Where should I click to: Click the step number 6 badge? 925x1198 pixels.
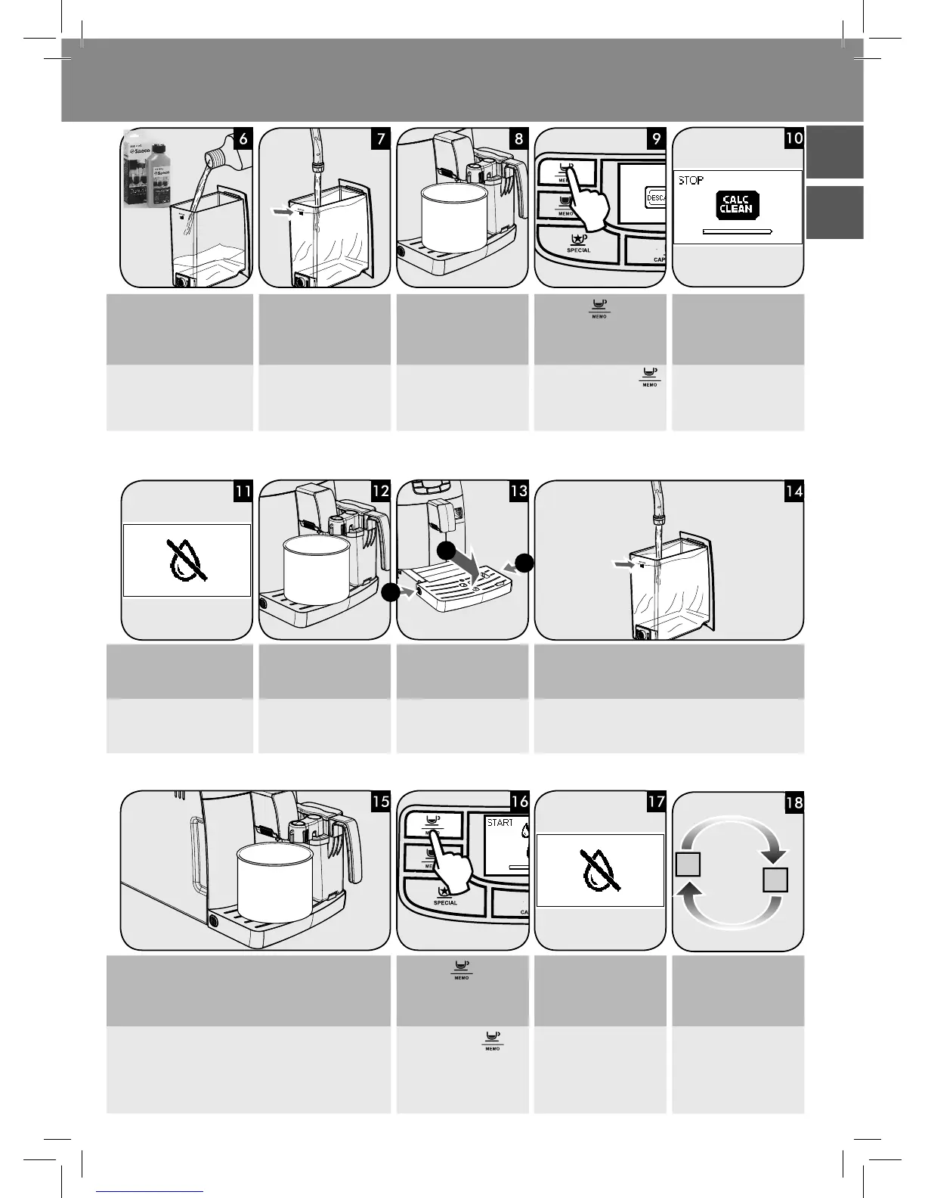click(x=241, y=139)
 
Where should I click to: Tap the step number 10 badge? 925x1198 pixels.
click(x=793, y=139)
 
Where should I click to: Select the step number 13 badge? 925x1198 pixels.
click(x=518, y=491)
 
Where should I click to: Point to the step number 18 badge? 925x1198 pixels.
click(x=794, y=802)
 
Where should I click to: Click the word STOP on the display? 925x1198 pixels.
click(x=691, y=181)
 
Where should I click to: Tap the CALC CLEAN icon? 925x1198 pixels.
click(x=736, y=205)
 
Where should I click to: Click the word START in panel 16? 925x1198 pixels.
click(x=500, y=822)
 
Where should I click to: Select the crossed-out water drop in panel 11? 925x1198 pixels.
click(x=186, y=560)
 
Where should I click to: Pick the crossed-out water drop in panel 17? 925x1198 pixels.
click(x=599, y=870)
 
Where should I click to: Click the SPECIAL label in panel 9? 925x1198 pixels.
click(x=578, y=250)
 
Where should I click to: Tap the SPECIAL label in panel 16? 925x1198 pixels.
click(x=445, y=902)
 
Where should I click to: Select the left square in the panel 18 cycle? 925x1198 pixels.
click(x=688, y=863)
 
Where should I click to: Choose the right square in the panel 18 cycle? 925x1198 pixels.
click(x=775, y=880)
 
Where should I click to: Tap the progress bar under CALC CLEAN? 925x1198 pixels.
click(x=737, y=230)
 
